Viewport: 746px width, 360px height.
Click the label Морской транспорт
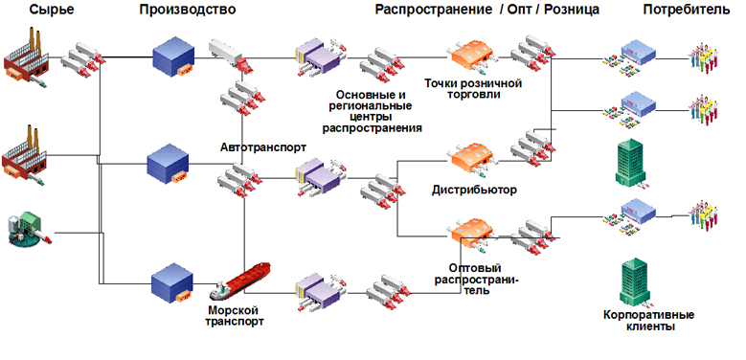coord(236,316)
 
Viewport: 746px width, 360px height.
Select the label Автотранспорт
coord(263,149)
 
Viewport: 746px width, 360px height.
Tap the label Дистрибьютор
coord(474,190)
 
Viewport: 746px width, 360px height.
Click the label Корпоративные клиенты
coord(648,320)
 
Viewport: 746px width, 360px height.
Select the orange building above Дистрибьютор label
coord(470,159)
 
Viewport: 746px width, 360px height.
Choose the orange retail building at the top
coord(470,56)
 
